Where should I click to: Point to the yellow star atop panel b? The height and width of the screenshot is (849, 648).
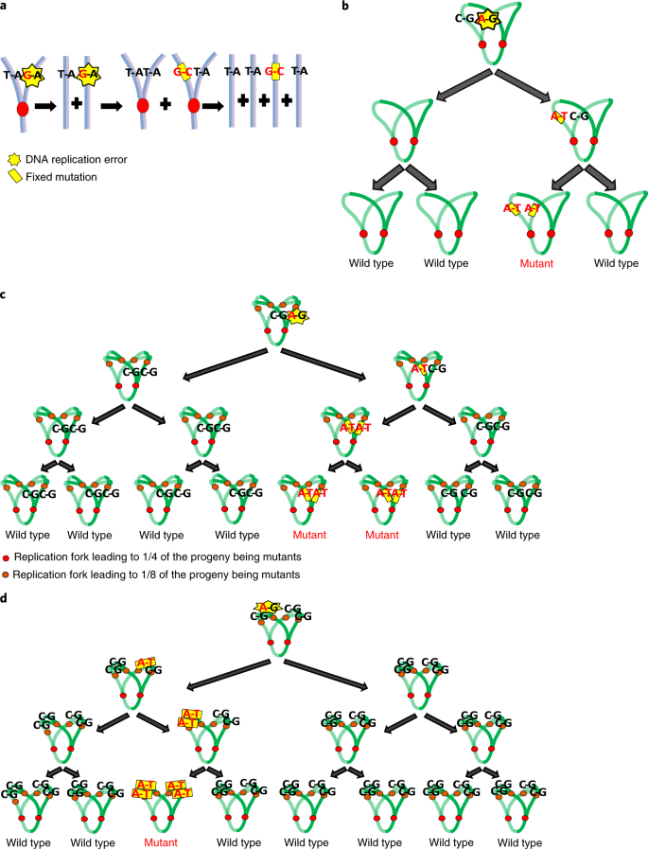pos(488,19)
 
